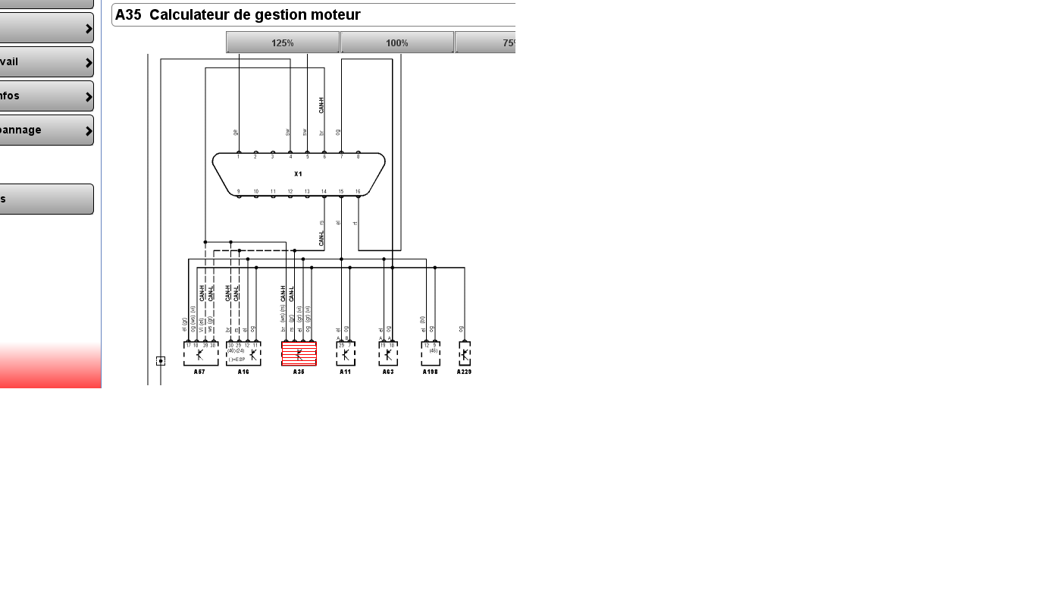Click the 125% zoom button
(x=283, y=43)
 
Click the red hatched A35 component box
(x=299, y=353)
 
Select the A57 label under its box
(x=199, y=372)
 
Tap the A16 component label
(x=243, y=372)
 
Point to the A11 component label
(x=345, y=372)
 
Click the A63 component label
(x=388, y=372)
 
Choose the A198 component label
(x=431, y=372)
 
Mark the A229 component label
(x=464, y=372)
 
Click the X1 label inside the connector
(x=298, y=174)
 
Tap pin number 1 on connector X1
(x=238, y=156)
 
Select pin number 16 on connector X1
(x=358, y=192)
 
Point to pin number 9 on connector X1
(x=238, y=192)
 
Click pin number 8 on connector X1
(x=358, y=156)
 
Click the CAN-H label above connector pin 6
(x=321, y=105)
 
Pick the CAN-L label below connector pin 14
(x=321, y=238)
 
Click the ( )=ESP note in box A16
(x=237, y=359)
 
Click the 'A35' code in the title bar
(x=128, y=15)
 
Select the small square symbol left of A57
(x=161, y=361)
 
